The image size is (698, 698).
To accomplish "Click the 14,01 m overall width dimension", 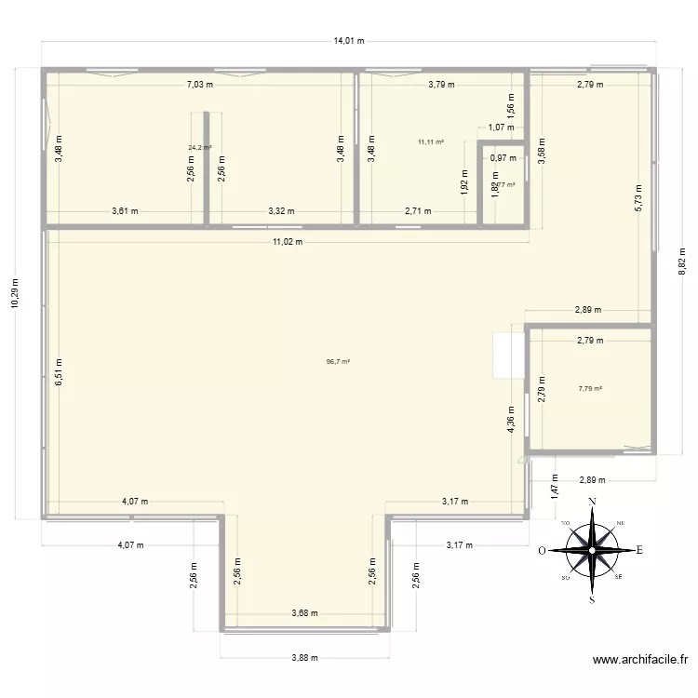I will coord(349,41).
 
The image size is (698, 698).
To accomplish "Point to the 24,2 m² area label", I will coord(199,147).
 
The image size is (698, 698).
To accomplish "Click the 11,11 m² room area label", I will coord(431,141).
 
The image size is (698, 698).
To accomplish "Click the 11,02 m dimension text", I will coord(288,241).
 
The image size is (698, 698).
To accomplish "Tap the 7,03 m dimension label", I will coord(199,84).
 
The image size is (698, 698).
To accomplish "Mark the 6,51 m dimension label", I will coord(59,371).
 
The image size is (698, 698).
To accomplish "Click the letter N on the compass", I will coord(591,503).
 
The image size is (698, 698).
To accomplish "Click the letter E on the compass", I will coord(640,549).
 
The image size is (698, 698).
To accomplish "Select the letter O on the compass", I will coord(542,550).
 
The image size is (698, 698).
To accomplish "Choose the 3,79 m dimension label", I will coord(441,84).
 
